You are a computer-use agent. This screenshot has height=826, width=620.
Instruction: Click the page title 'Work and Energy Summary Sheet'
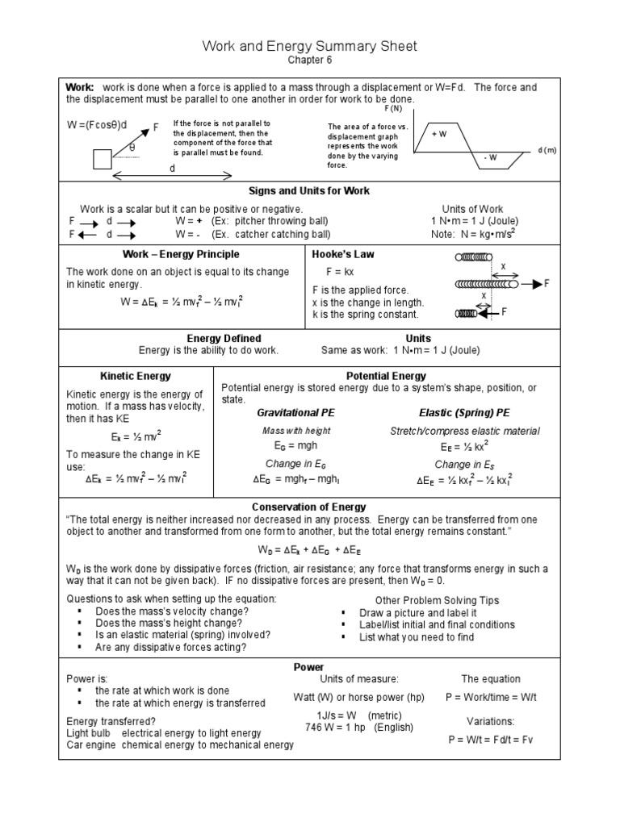[310, 46]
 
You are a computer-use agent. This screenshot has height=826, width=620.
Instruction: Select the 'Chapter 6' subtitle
[310, 60]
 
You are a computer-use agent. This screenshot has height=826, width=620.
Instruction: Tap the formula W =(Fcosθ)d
[98, 125]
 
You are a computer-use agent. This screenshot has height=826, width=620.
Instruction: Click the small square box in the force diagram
[103, 159]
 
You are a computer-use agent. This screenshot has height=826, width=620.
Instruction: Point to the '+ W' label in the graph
[439, 134]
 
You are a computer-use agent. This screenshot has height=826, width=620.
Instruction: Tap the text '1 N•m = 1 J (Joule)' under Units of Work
[475, 221]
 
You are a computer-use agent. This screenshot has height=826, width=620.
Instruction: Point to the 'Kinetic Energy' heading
[135, 376]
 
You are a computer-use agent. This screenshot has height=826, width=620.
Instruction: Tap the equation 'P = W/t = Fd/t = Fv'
[490, 740]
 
